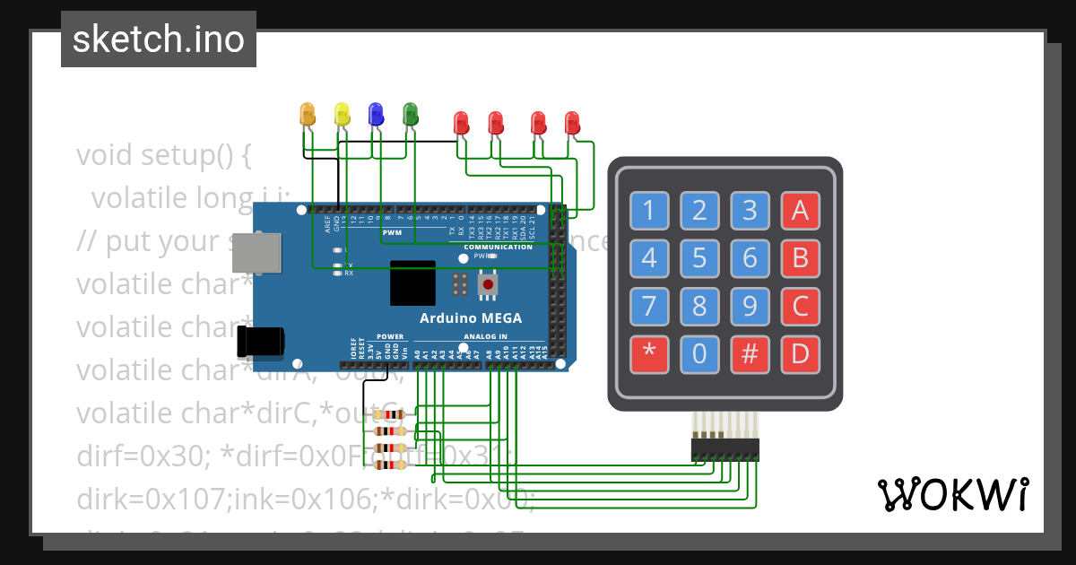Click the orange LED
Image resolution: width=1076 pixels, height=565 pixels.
point(308,114)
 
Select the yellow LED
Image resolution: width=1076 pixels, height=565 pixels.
point(342,114)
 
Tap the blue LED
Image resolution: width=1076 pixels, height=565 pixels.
point(376,114)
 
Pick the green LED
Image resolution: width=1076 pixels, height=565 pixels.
point(411,114)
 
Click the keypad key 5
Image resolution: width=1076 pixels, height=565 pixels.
point(699,259)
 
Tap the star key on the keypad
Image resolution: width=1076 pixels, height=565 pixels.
point(649,355)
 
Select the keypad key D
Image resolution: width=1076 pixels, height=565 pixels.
point(800,355)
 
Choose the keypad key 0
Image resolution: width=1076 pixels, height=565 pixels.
point(699,355)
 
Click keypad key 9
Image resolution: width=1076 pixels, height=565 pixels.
point(750,307)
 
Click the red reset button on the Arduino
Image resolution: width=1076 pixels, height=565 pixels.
point(488,285)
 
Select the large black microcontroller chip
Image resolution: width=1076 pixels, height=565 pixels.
point(412,283)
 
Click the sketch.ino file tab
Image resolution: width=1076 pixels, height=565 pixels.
point(159,39)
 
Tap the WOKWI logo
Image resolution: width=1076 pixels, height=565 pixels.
point(952,494)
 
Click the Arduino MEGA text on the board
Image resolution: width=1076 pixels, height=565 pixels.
point(471,318)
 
